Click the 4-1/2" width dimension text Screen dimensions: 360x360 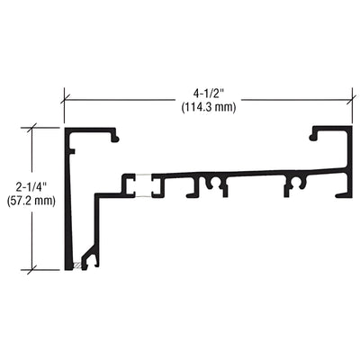pos(206,91)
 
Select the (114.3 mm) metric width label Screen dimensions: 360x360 pos(206,105)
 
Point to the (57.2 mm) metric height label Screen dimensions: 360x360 pos(31,202)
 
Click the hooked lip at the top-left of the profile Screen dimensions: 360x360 pos(114,137)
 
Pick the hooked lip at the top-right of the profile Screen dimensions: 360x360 pos(314,137)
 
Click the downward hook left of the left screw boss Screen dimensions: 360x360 pos(191,189)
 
